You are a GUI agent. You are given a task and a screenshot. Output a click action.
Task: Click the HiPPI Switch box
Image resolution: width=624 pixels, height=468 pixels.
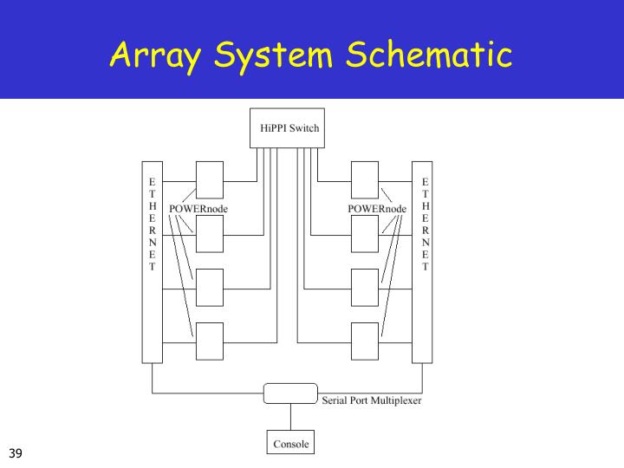[289, 128]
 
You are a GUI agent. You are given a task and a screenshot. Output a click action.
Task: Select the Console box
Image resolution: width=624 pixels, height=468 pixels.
[289, 444]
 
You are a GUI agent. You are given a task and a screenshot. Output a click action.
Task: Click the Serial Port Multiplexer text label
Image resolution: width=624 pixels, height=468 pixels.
[372, 400]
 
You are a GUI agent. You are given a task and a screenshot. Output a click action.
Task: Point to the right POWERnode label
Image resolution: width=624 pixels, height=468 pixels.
[377, 209]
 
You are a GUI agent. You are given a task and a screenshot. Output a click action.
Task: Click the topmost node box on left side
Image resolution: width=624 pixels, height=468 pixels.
[209, 179]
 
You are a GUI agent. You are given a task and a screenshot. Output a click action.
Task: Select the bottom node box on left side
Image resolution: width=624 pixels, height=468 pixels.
[209, 340]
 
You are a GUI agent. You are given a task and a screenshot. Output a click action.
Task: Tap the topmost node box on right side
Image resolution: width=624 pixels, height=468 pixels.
[364, 179]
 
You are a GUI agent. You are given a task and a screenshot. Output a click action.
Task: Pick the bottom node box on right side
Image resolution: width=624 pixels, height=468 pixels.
[364, 340]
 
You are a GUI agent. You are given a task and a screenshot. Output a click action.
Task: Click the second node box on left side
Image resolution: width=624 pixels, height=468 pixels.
[209, 232]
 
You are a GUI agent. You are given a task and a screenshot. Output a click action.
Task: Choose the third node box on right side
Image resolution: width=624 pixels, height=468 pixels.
[364, 287]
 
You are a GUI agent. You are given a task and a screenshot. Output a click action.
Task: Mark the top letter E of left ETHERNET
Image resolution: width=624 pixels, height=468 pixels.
[153, 183]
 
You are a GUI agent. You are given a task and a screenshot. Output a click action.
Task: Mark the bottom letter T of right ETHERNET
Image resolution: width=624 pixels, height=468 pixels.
[425, 267]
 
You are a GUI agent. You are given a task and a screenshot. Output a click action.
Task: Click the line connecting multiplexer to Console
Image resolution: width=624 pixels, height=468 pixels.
[289, 418]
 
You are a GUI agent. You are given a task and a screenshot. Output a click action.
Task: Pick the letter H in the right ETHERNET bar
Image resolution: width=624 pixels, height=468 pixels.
[425, 207]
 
